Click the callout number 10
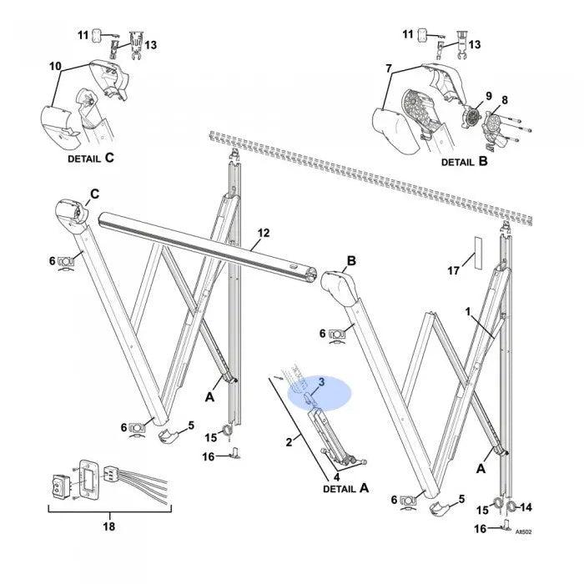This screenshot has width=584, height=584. click(x=55, y=66)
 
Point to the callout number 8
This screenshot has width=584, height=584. click(x=504, y=101)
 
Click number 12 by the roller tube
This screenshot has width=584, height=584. click(x=264, y=233)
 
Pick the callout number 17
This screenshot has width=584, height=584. click(x=454, y=269)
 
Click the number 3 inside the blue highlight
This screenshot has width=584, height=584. click(x=320, y=382)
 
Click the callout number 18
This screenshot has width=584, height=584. click(x=108, y=526)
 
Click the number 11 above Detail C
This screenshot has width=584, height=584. click(x=83, y=34)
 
